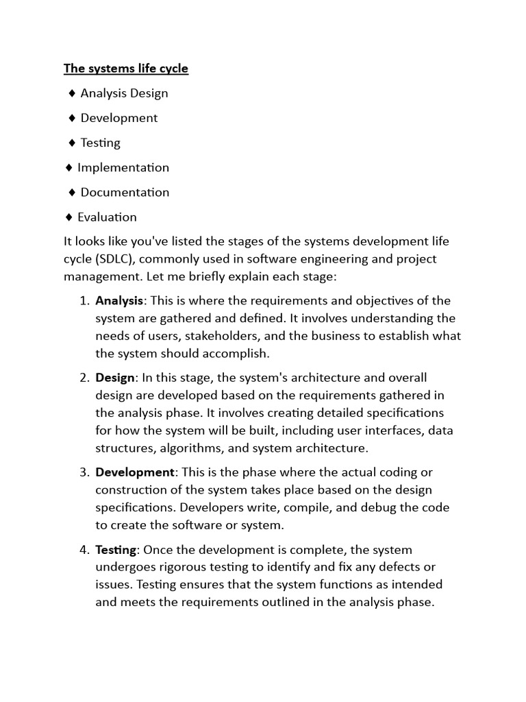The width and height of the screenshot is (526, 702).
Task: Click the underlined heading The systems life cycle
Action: [x=126, y=69]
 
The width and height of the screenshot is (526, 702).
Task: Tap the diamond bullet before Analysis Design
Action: [x=73, y=93]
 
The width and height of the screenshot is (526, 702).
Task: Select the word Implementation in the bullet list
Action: [x=123, y=167]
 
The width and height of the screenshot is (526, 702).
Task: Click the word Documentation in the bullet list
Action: [x=125, y=192]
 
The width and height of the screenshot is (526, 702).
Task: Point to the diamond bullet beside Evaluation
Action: [x=68, y=217]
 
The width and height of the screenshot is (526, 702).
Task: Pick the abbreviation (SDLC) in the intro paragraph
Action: [x=111, y=260]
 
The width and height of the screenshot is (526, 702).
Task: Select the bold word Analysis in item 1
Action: [x=119, y=300]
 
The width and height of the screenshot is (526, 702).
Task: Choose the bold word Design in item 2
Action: [x=115, y=378]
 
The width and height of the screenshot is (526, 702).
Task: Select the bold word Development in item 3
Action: [x=134, y=472]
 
